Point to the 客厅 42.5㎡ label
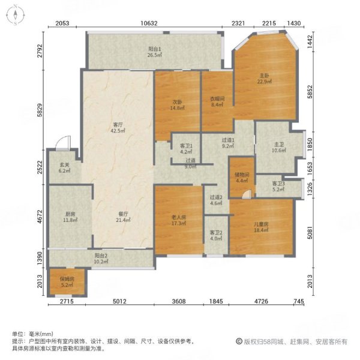coord(118,128)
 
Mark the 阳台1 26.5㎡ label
coord(156,52)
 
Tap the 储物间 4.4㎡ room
coord(242,178)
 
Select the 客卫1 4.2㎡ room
coord(185,148)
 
